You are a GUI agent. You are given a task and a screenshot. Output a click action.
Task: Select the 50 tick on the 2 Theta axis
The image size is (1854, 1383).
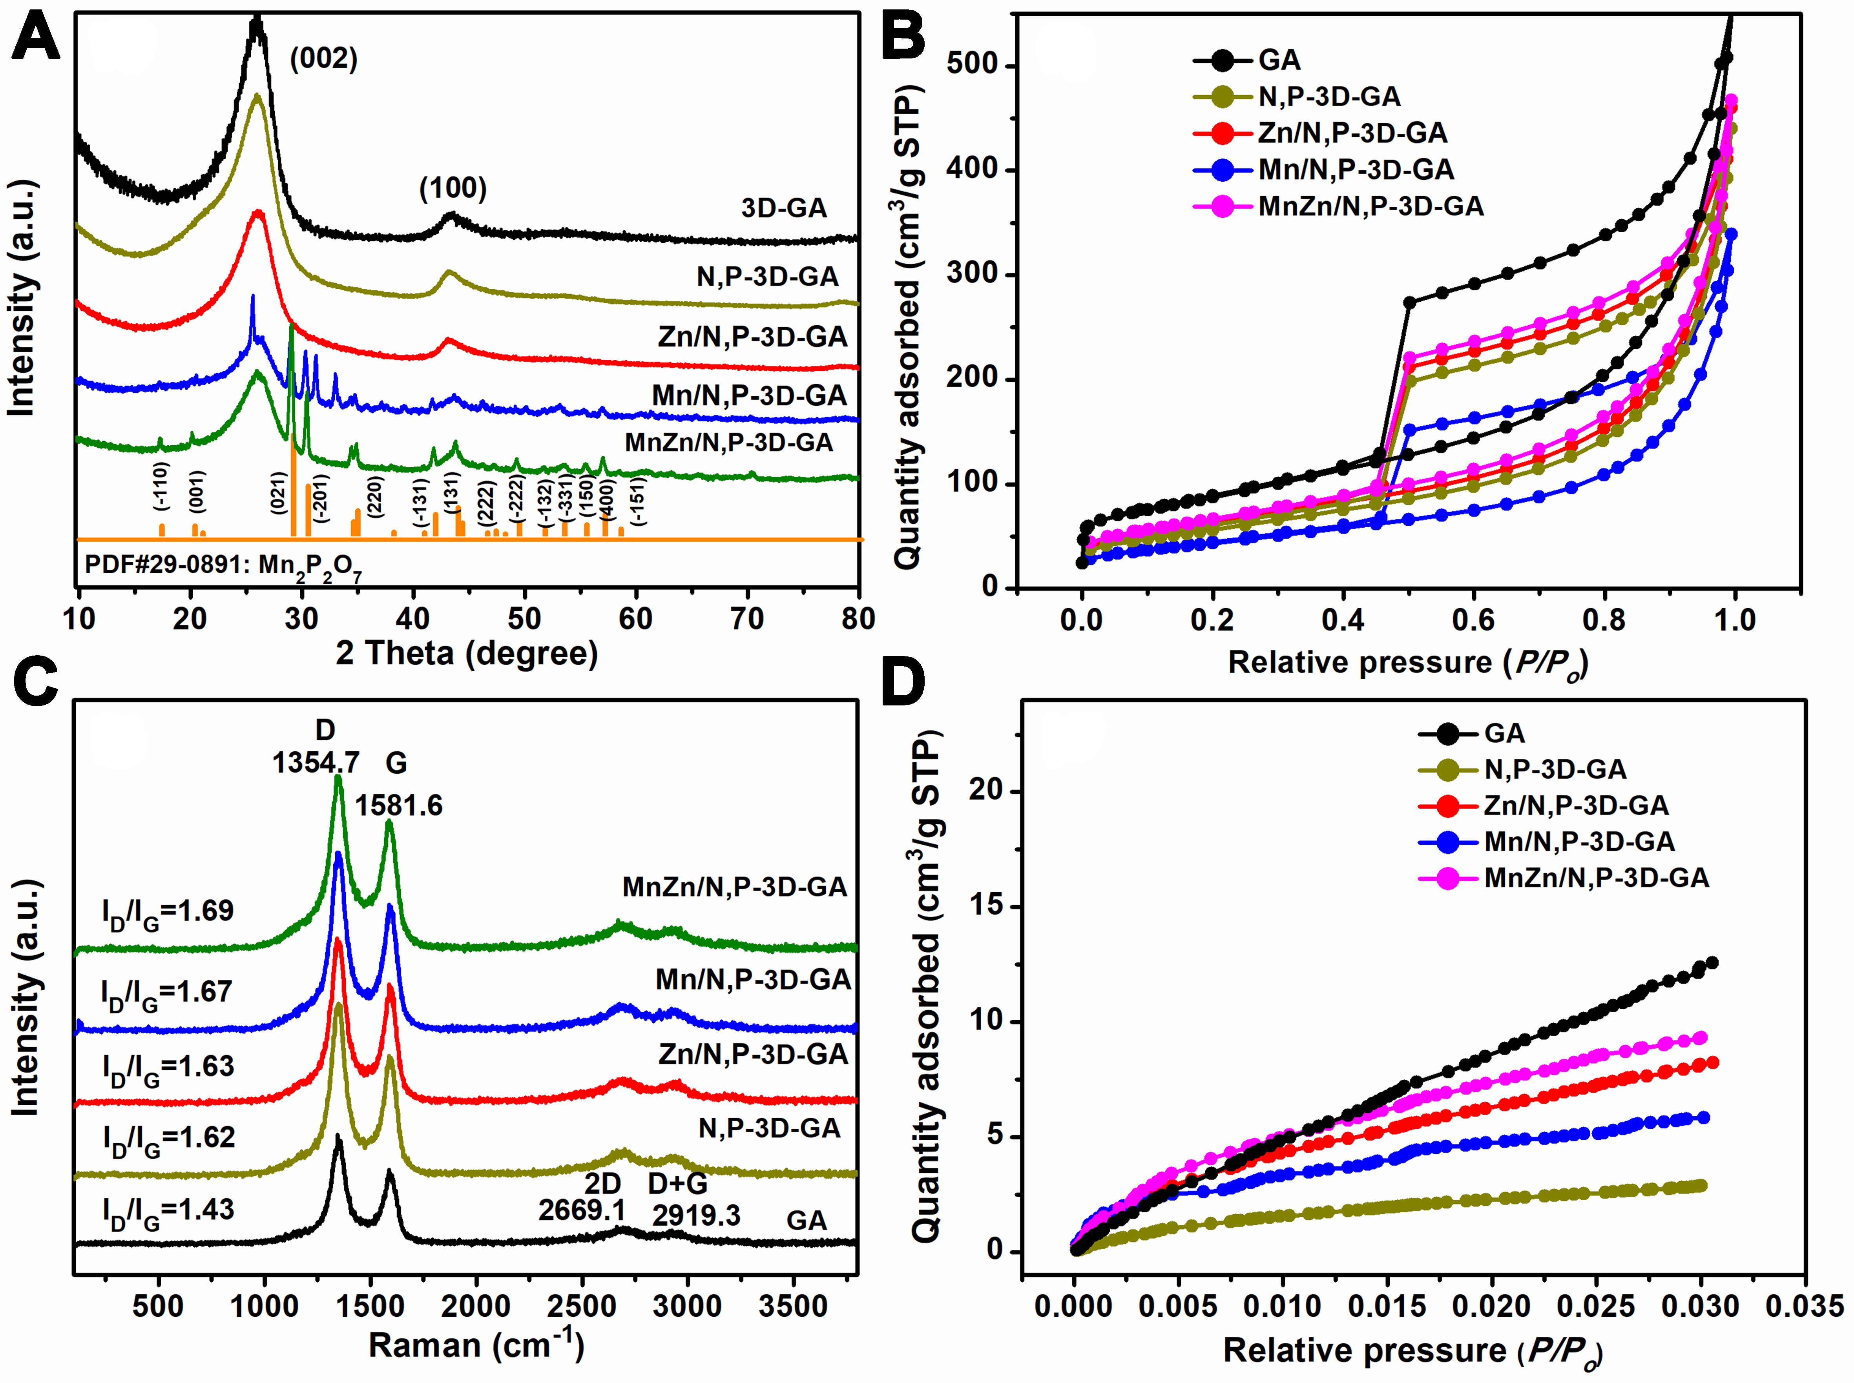pos(524,620)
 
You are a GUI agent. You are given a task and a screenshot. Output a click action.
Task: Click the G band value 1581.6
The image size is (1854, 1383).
pos(399,805)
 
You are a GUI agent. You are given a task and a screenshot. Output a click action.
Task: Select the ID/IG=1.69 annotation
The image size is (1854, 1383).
pos(168,912)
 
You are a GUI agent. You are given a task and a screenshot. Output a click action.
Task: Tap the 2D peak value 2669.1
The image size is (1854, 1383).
pos(582,1210)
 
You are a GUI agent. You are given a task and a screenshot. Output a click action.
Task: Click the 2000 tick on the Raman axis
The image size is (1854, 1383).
pos(476,1306)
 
